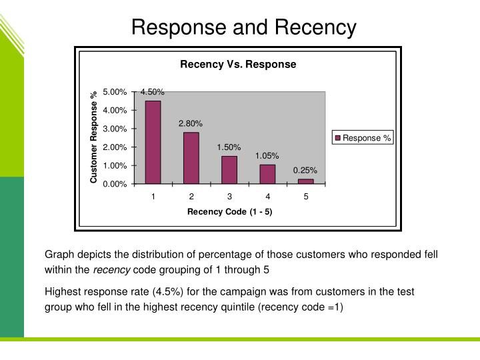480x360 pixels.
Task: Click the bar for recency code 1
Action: [x=153, y=141]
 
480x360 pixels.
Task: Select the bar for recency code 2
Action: [x=191, y=157]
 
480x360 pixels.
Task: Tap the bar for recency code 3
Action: [x=229, y=169]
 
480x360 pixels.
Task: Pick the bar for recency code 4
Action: [x=267, y=173]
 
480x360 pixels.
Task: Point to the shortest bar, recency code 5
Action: [x=305, y=181]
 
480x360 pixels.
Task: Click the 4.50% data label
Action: [x=152, y=92]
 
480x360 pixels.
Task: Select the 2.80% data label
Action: [x=191, y=123]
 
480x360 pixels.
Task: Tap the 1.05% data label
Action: [x=267, y=156]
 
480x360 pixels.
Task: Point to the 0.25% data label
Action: [x=305, y=171]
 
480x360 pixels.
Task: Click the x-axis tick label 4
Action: [x=267, y=197]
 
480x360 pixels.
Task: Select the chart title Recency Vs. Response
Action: [x=238, y=65]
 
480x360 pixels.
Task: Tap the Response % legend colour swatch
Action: [x=338, y=139]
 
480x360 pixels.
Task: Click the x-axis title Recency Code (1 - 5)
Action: [x=229, y=212]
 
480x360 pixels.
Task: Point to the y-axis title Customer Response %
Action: [x=94, y=137]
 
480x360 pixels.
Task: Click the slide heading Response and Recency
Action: [x=244, y=27]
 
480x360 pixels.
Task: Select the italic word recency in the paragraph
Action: [x=111, y=270]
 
